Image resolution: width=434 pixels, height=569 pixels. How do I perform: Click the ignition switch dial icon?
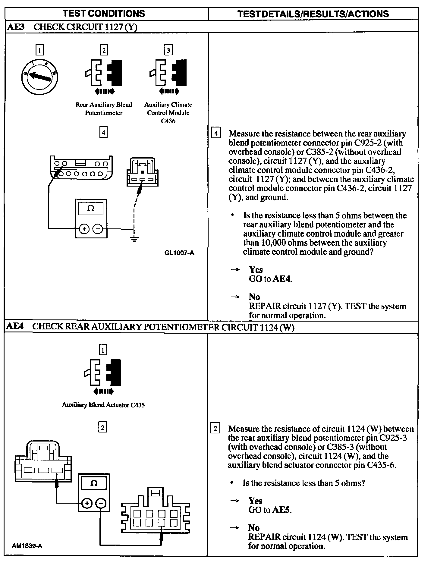click(39, 77)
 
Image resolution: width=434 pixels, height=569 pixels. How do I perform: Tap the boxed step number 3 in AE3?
click(168, 50)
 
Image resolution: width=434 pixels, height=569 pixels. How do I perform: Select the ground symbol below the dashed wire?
click(134, 240)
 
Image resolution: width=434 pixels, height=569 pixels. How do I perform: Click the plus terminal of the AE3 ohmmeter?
click(84, 229)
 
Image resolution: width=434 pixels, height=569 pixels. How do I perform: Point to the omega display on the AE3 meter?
click(91, 209)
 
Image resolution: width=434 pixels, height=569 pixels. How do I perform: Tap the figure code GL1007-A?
click(179, 253)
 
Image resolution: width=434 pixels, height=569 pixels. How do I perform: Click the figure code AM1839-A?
click(27, 546)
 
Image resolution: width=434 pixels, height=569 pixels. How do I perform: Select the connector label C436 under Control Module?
click(168, 121)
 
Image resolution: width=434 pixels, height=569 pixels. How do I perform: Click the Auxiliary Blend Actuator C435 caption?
click(103, 405)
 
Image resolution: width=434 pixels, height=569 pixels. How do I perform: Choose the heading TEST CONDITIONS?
click(104, 14)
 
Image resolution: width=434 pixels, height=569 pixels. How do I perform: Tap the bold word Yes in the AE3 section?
click(256, 269)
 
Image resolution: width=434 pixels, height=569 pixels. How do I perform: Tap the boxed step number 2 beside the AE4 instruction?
click(215, 429)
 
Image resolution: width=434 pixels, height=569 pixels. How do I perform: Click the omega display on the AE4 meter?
click(94, 484)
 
